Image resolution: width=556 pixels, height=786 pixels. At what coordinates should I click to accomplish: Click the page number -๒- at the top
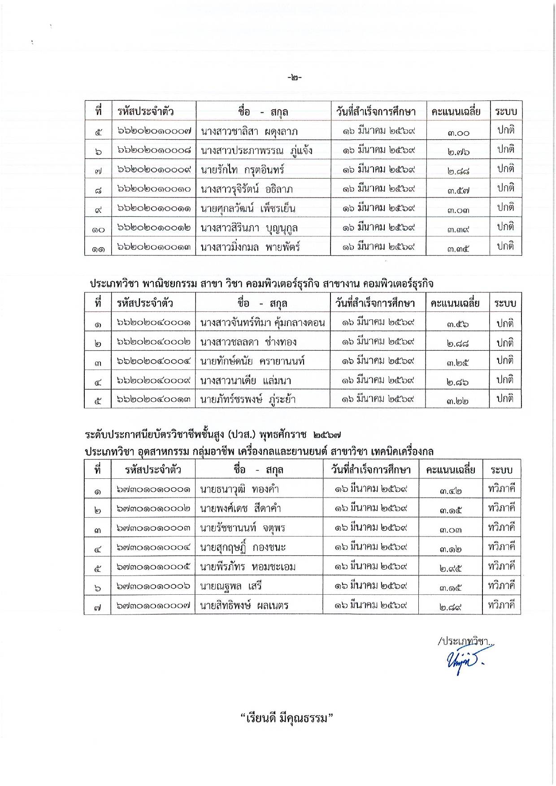[x=295, y=77]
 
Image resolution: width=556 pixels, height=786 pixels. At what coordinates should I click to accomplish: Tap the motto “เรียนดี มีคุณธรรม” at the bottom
[x=288, y=718]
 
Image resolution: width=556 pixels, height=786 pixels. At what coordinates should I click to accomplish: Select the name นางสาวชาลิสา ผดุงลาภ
[x=249, y=132]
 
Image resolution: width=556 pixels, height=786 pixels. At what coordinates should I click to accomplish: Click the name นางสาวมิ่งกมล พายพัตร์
[x=250, y=247]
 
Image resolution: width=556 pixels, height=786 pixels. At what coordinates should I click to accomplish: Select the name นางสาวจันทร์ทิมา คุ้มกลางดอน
[x=263, y=322]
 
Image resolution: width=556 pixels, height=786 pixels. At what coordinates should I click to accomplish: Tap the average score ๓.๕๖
[x=457, y=323]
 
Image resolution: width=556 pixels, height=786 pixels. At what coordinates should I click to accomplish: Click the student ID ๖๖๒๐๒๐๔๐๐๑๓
[x=154, y=399]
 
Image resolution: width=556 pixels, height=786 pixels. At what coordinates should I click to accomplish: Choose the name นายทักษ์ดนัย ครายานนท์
[x=252, y=361]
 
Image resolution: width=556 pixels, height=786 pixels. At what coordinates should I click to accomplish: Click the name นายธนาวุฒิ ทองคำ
[x=239, y=489]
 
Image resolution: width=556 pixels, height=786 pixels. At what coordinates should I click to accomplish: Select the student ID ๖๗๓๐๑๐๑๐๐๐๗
[x=153, y=606]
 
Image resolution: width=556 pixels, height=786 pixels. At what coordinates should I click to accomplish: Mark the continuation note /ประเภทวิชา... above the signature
[x=465, y=641]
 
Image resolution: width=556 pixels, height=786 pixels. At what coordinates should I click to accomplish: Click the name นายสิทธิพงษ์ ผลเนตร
[x=244, y=606]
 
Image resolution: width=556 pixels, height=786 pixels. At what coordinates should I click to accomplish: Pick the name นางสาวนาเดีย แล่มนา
[x=246, y=381]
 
